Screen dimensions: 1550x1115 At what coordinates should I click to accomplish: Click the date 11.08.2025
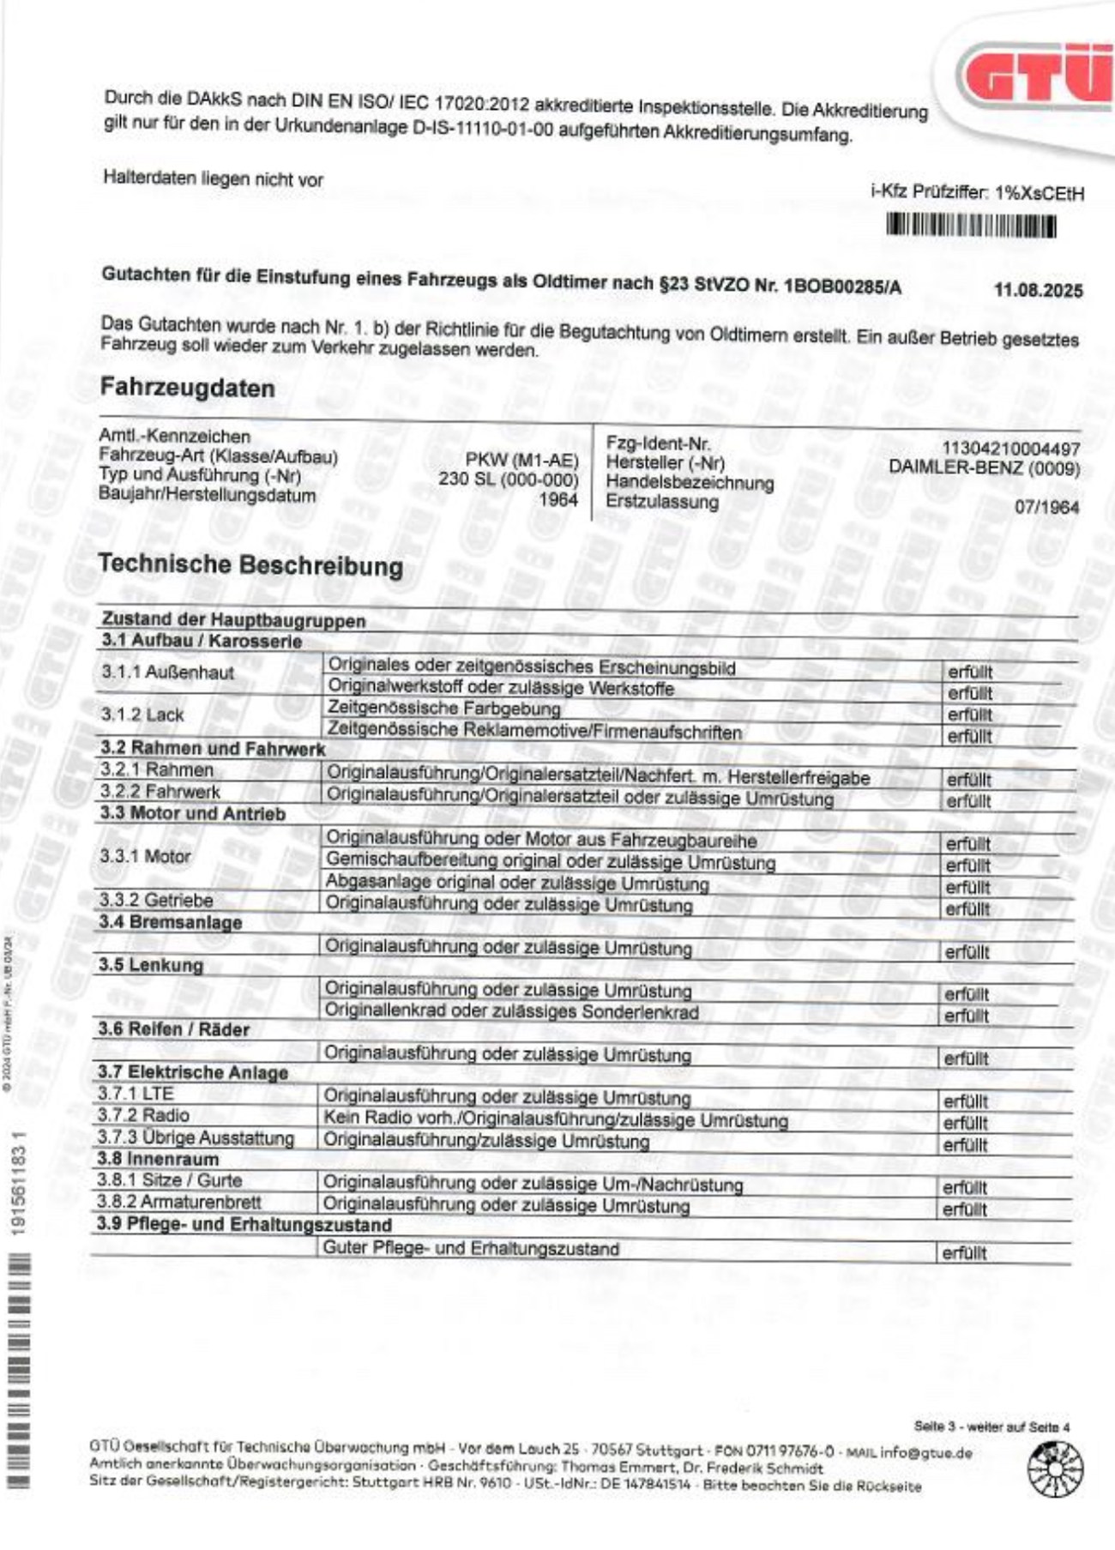[x=1038, y=290]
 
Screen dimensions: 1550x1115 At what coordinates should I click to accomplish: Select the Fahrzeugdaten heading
[x=188, y=388]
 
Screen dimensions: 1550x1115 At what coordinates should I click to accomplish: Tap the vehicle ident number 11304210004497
[x=1010, y=449]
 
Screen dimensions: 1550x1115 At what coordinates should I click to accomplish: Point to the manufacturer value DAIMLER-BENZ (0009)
[x=984, y=468]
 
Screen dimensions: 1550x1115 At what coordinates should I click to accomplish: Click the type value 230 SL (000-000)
[x=509, y=479]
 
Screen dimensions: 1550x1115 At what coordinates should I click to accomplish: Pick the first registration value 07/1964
[x=1046, y=507]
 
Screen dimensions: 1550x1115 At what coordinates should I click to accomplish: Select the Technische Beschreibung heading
[x=250, y=565]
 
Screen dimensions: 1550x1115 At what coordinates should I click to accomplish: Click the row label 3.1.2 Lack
[x=142, y=715]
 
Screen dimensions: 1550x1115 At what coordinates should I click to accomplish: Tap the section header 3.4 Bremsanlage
[x=170, y=922]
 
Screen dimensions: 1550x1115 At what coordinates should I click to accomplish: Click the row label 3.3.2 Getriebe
[x=155, y=900]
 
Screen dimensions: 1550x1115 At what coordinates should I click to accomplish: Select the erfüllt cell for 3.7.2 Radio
[x=966, y=1123]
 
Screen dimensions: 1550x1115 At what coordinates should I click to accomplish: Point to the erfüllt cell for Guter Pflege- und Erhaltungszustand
[x=964, y=1253]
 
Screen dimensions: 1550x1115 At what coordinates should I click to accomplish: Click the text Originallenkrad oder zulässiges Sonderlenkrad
[x=511, y=1011]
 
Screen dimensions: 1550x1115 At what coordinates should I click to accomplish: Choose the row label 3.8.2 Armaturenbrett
[x=178, y=1203]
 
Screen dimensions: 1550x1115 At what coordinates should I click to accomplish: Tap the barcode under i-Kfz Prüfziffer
[x=970, y=226]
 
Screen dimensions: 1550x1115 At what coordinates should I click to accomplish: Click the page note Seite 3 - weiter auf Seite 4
[x=991, y=1427]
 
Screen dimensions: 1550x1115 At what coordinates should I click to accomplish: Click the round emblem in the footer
[x=1055, y=1469]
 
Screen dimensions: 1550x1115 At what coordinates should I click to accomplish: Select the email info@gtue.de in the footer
[x=925, y=1453]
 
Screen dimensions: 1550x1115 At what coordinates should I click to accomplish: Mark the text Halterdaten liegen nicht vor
[x=213, y=179]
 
